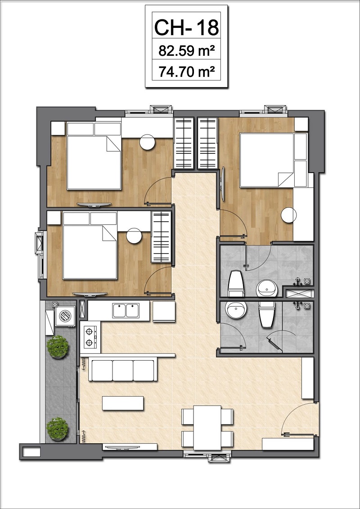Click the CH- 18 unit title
[x=186, y=27]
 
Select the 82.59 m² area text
[x=186, y=50]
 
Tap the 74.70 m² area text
[x=186, y=71]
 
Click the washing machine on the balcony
[x=65, y=316]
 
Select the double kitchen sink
[x=126, y=311]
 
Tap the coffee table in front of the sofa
[x=123, y=403]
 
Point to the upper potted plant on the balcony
[x=58, y=347]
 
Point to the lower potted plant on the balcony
[x=58, y=429]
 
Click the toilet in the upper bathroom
[x=236, y=284]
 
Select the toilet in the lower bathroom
[x=267, y=314]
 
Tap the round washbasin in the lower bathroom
[x=236, y=310]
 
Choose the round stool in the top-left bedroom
[x=148, y=142]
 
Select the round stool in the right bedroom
[x=289, y=215]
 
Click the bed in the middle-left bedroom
[x=90, y=246]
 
